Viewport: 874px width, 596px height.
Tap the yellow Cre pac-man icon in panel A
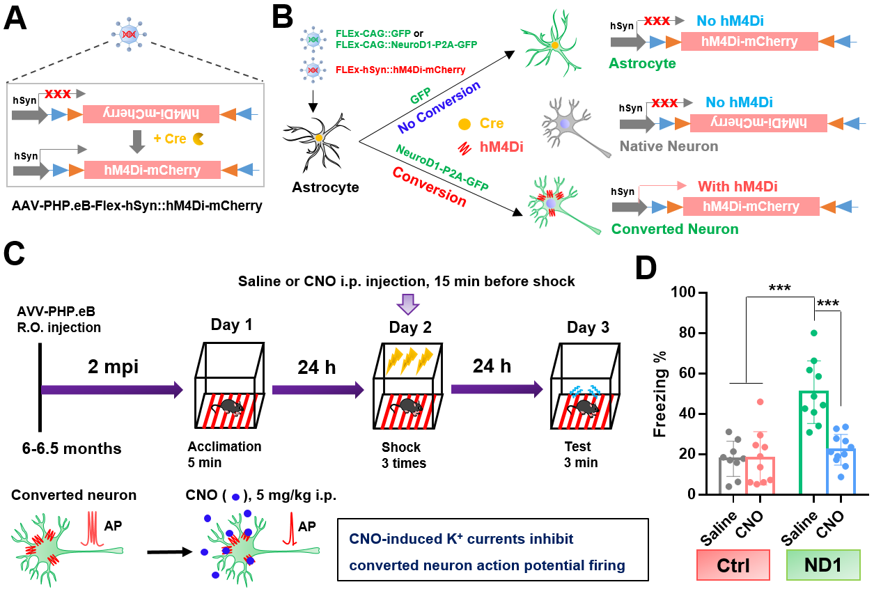coord(198,139)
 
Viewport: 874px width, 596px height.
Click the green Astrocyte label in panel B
coord(642,63)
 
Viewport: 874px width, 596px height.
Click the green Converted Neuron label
coord(674,228)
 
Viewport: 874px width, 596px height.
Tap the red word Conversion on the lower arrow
coord(429,186)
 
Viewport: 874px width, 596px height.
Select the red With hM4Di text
coord(738,186)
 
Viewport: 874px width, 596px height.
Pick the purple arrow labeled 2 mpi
coord(111,391)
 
